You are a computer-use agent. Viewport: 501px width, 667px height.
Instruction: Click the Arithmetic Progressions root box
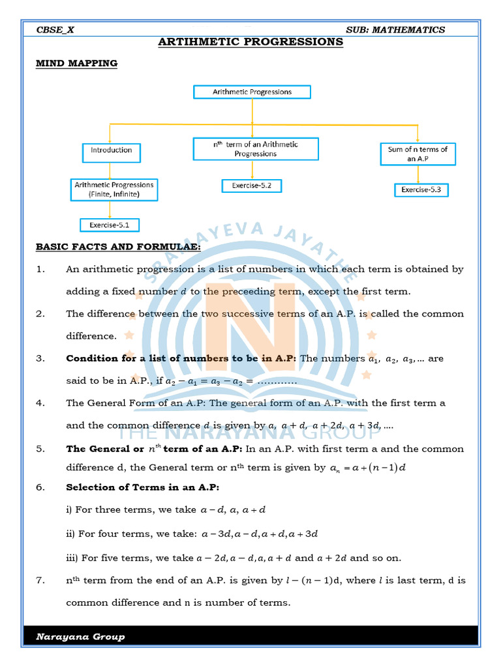tap(252, 92)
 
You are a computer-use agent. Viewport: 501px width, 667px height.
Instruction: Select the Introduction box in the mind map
tap(111, 150)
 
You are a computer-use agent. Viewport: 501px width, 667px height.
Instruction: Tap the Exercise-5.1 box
tap(110, 225)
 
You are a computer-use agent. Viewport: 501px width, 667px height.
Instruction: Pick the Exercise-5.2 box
tap(251, 186)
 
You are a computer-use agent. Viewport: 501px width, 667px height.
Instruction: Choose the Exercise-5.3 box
tap(421, 190)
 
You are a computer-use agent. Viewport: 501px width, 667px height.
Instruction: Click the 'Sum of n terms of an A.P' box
tap(417, 154)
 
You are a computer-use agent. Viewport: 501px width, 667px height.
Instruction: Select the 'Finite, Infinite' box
tap(114, 190)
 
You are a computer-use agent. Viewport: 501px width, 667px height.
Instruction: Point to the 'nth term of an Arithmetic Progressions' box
tap(255, 149)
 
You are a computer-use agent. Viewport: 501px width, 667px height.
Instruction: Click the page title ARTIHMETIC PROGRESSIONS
tap(251, 42)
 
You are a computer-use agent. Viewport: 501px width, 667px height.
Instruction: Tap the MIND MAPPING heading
tap(76, 63)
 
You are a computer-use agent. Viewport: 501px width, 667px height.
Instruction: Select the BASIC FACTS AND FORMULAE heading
tap(118, 248)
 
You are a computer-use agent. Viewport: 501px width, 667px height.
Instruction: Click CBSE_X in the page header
tap(55, 29)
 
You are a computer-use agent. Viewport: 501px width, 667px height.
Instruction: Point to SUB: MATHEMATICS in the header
tap(395, 29)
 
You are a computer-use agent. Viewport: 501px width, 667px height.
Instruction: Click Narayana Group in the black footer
tap(80, 636)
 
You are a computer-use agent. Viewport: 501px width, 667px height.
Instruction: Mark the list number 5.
tap(40, 449)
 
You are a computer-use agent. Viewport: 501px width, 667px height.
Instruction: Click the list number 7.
tap(40, 580)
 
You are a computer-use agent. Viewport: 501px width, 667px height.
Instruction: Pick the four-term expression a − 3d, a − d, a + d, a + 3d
tap(259, 534)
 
